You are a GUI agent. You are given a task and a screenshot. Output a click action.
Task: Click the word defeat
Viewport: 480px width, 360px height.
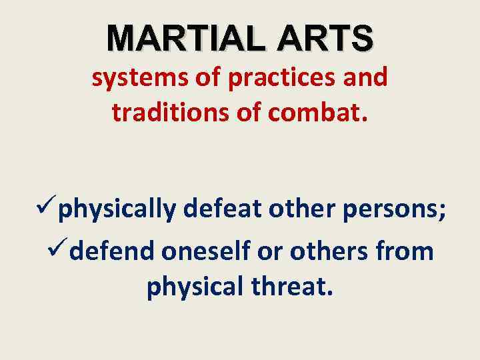tap(220, 211)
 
